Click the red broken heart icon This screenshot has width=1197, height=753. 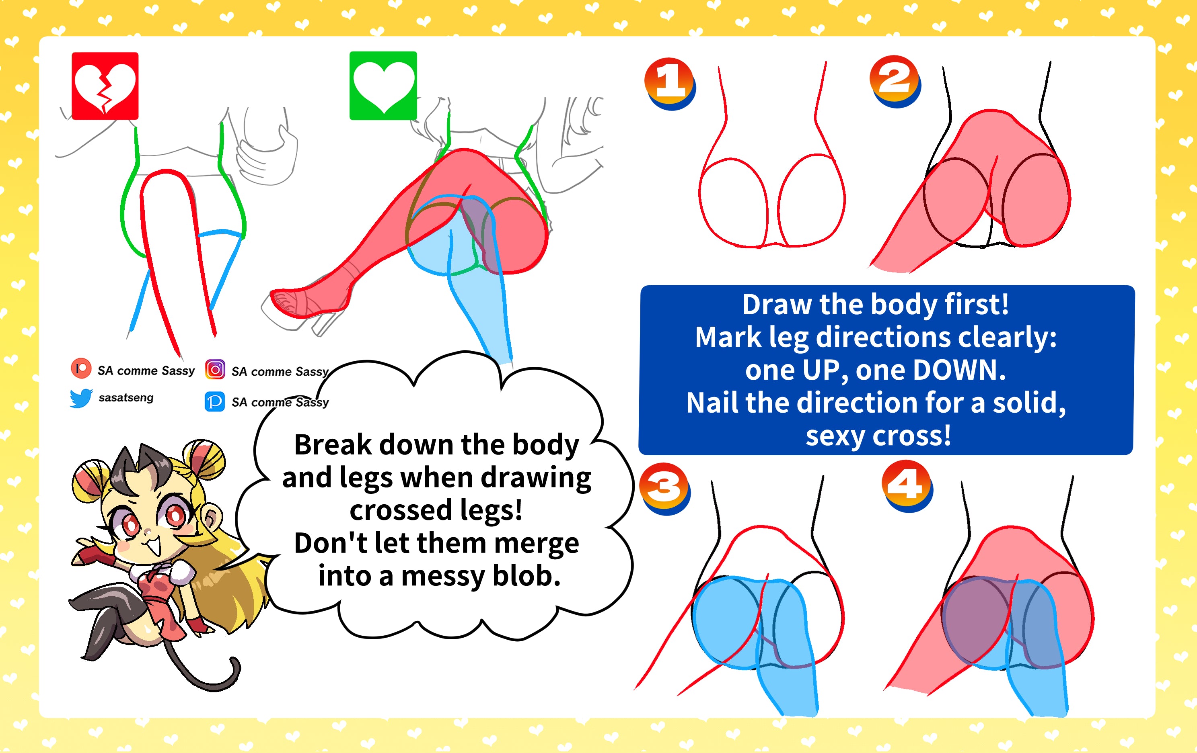coord(105,86)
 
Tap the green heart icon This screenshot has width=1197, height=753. coord(383,86)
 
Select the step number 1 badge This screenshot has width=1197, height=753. coord(670,84)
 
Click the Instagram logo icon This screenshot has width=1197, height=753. coord(215,370)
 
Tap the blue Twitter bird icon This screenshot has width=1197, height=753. coord(81,398)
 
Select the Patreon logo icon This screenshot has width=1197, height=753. coord(81,368)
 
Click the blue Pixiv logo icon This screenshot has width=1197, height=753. coord(215,401)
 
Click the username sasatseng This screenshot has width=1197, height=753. coord(126,397)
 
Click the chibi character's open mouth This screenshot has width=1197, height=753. coord(154,547)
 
